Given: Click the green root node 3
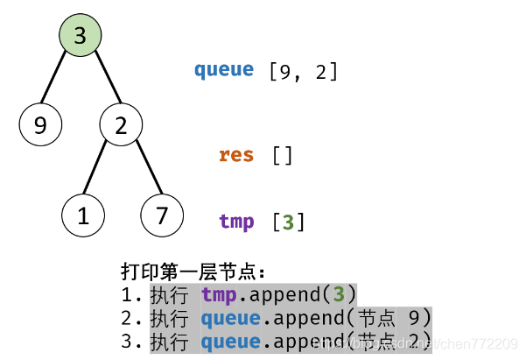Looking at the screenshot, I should click(81, 36).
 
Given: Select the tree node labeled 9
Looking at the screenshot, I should click(40, 126).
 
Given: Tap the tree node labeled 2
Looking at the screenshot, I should click(121, 126).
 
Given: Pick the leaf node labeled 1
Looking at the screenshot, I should click(84, 215).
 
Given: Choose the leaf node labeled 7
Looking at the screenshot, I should click(162, 215).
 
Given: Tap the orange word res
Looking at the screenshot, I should click(236, 156).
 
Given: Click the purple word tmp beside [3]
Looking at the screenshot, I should click(236, 222).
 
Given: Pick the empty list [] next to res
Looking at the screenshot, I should click(282, 156).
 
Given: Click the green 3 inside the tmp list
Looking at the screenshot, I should click(288, 222).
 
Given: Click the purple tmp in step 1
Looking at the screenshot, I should click(219, 295).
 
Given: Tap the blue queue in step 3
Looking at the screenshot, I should click(230, 342).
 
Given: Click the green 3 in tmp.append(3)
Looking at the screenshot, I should click(339, 295).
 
